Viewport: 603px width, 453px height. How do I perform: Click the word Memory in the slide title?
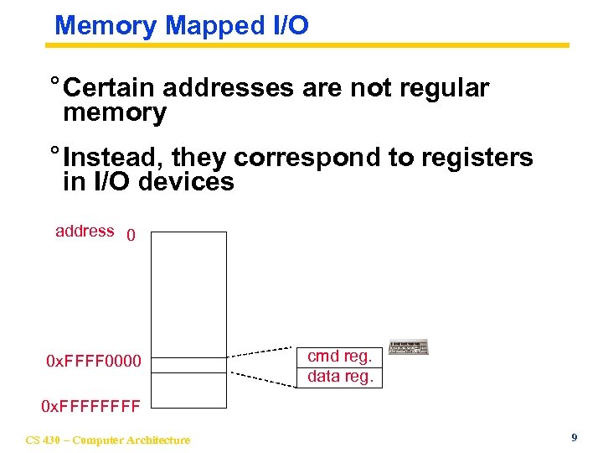point(105,25)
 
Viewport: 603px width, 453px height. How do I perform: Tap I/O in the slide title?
point(290,25)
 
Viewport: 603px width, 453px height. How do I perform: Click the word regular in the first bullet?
point(440,88)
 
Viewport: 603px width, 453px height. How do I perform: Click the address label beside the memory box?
point(85,231)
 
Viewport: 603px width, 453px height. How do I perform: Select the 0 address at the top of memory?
point(131,236)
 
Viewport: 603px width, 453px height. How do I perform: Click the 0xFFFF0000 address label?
point(94,362)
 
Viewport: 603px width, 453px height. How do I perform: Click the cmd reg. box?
point(340,356)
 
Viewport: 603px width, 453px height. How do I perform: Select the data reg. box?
point(340,377)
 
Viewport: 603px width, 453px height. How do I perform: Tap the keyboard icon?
point(409,347)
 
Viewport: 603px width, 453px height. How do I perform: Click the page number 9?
point(573,437)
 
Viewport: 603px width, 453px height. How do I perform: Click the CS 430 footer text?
point(108,440)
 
